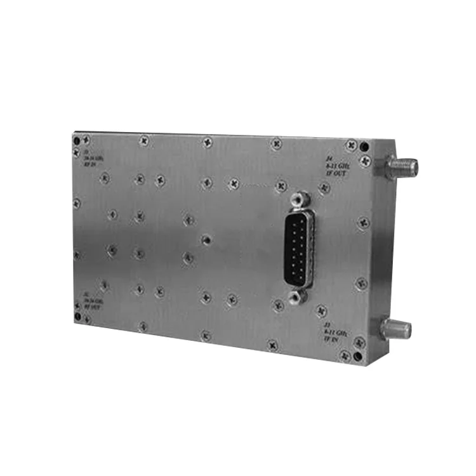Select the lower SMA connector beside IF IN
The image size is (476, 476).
coord(395,328)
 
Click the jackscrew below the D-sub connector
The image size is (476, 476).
coord(294,296)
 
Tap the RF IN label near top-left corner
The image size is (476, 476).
coord(89,164)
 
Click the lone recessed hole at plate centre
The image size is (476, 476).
coord(206,240)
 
